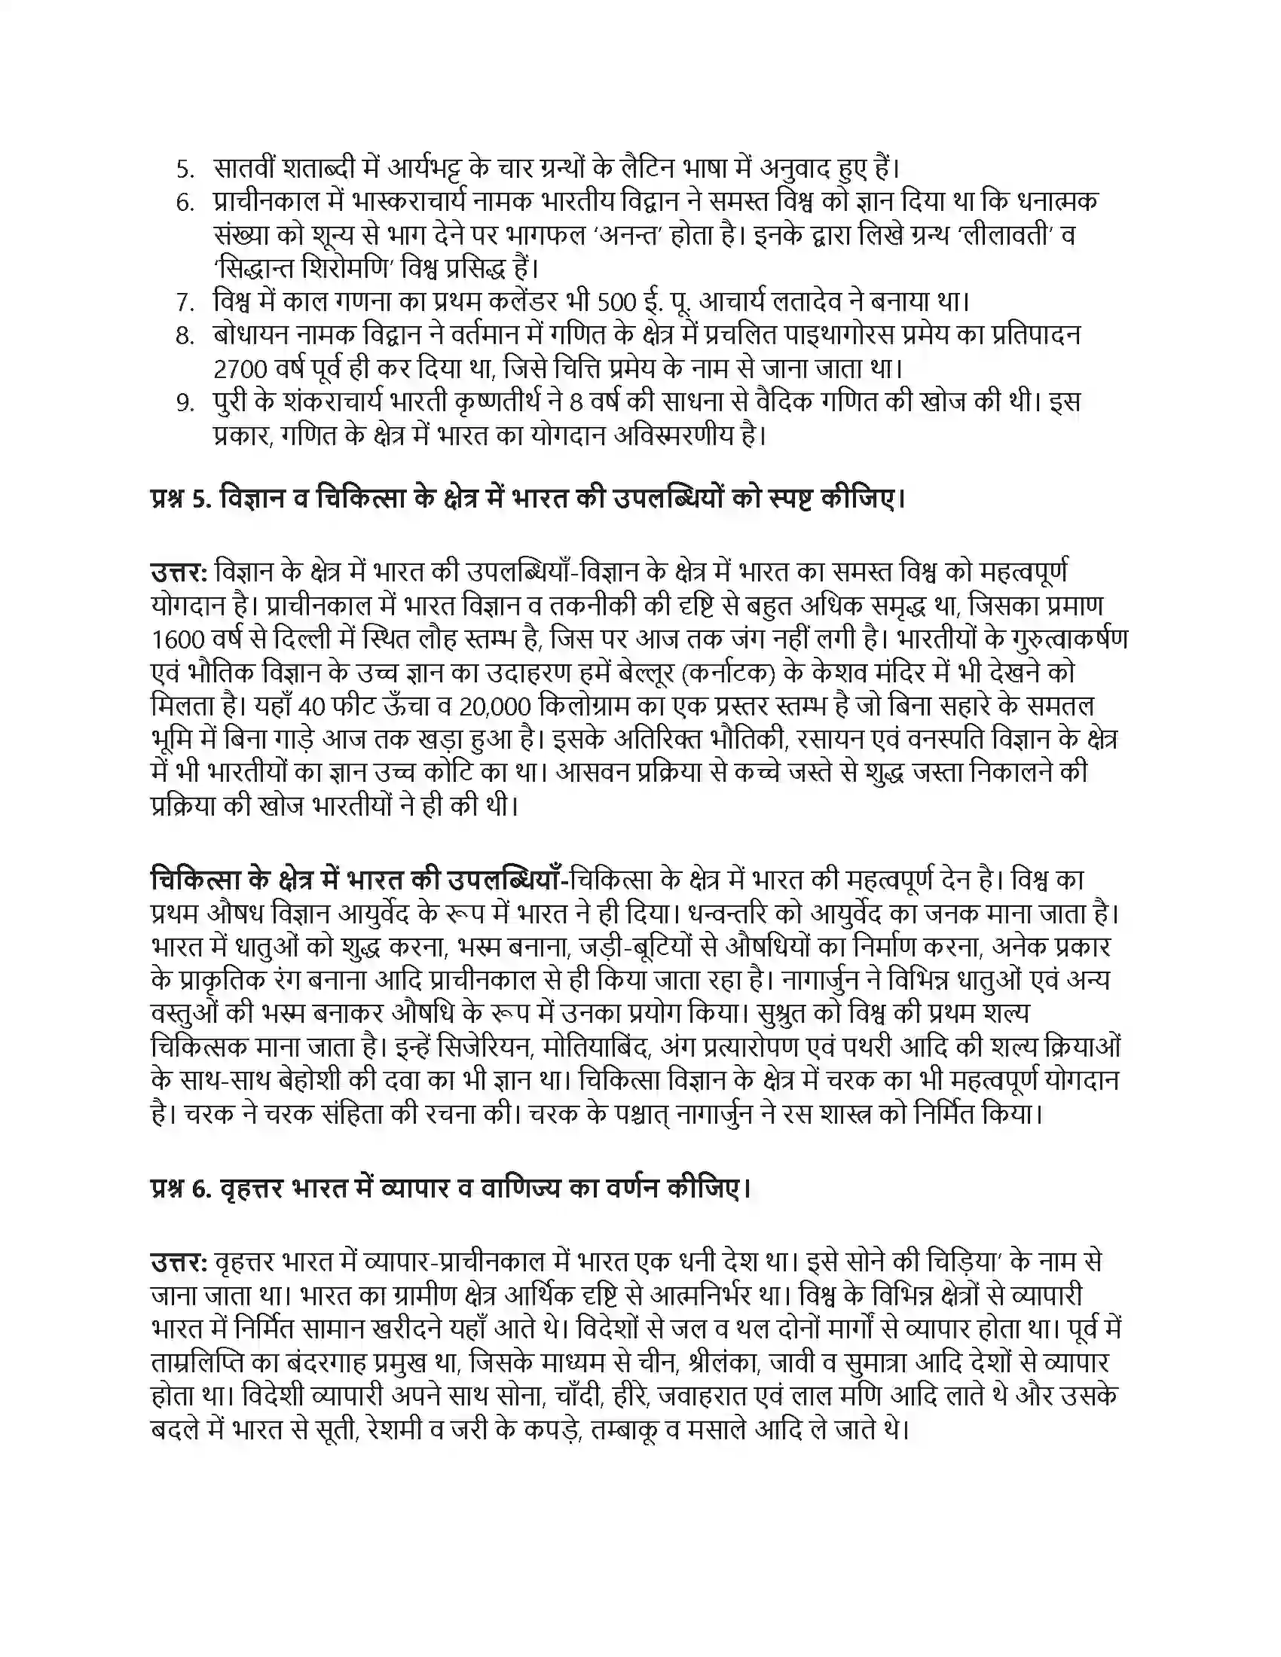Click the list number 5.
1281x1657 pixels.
[185, 168]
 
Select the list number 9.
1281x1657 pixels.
[185, 403]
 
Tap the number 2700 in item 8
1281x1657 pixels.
[240, 370]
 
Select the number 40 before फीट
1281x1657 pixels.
[312, 707]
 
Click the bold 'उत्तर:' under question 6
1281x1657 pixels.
[179, 1262]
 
